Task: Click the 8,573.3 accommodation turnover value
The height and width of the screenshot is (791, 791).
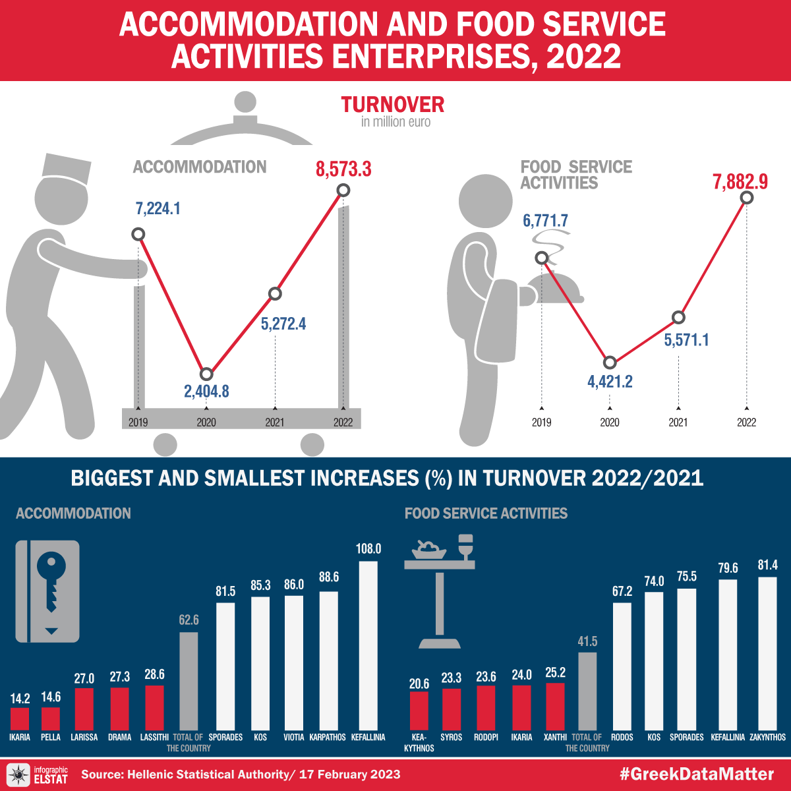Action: (x=343, y=169)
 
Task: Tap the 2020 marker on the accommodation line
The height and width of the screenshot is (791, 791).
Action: (x=206, y=374)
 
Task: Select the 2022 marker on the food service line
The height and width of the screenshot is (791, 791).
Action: (x=746, y=198)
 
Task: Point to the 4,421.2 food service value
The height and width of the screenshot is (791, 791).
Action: (x=610, y=382)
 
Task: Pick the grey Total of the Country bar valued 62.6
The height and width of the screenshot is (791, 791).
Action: (x=189, y=680)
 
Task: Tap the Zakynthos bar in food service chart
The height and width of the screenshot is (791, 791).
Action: (x=768, y=652)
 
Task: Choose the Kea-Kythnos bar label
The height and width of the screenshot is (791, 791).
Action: (x=419, y=742)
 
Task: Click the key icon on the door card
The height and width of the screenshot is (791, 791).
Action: (x=49, y=580)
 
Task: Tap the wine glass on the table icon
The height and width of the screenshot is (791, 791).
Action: (x=465, y=546)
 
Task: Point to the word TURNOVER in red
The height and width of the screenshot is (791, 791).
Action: (x=393, y=105)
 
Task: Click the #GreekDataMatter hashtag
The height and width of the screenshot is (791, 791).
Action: (x=697, y=774)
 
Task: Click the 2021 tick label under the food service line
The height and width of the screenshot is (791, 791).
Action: (x=678, y=423)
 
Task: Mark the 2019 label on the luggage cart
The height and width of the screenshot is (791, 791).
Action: (x=138, y=423)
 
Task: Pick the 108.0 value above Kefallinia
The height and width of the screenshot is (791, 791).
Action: (x=368, y=549)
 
